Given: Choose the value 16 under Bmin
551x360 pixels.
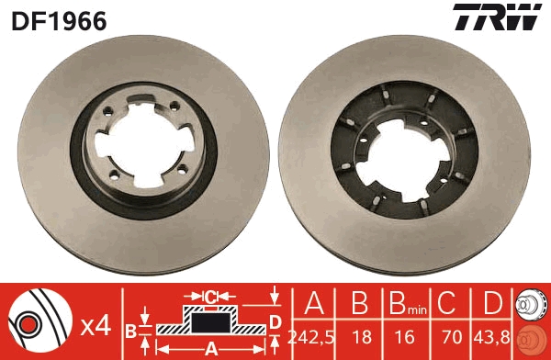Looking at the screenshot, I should point(400,337).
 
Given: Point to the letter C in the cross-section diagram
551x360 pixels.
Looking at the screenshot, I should point(210,296).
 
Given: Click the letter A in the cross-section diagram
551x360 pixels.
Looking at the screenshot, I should point(209,347).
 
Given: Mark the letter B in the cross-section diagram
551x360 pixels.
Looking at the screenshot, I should point(131,330).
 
